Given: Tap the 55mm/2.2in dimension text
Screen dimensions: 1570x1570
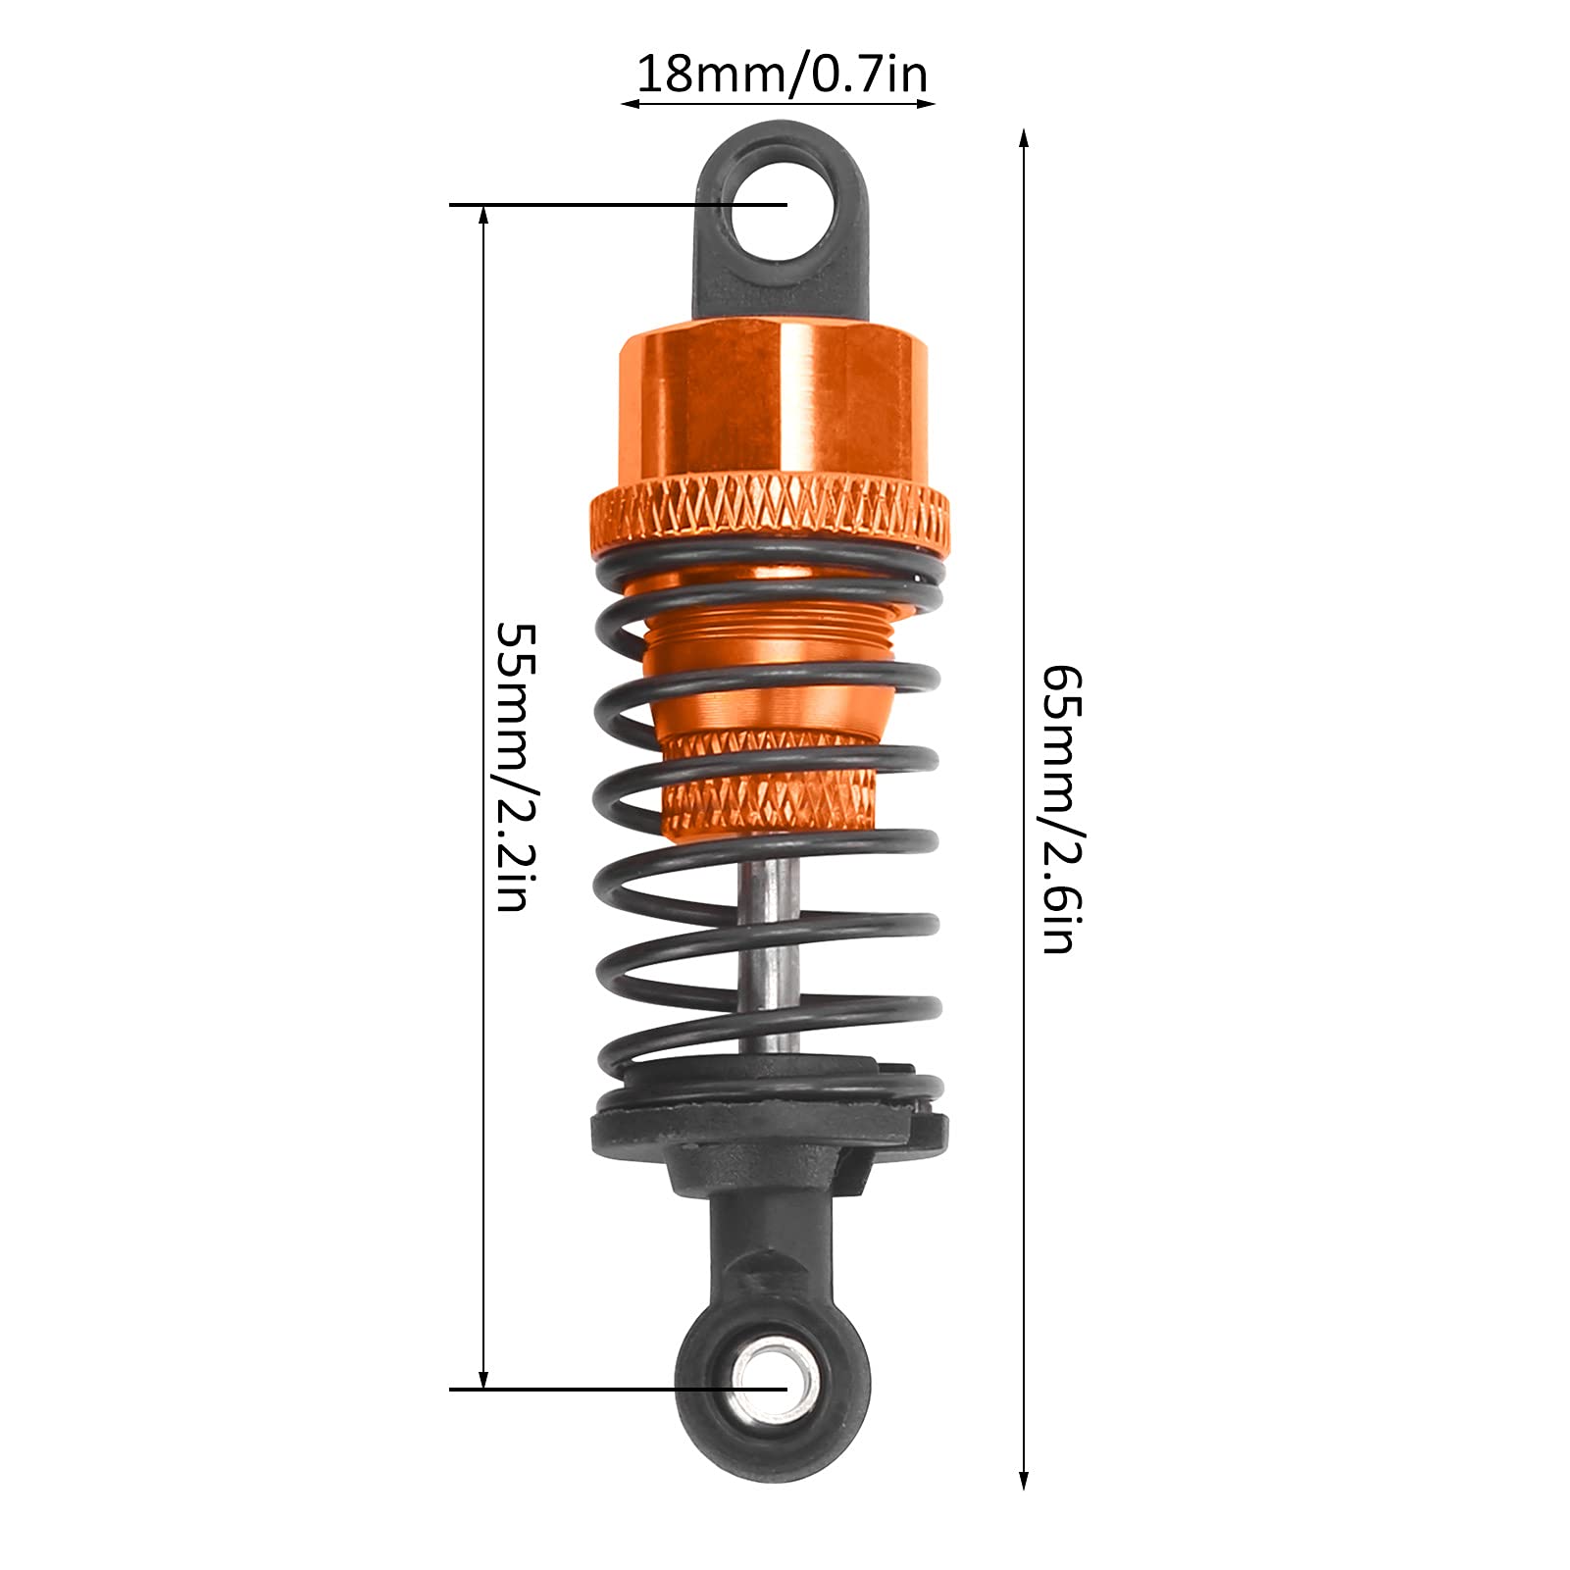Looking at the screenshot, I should pos(514,766).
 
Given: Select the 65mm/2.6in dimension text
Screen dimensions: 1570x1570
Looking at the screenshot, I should pos(1060,809).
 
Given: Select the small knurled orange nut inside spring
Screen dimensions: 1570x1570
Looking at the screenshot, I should pos(771,785).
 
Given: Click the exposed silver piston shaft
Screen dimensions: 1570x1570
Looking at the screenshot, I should pos(771,941).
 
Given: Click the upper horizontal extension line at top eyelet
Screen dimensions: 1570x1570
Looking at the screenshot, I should pos(588,204).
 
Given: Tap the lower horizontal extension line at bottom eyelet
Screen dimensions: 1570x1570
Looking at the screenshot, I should pos(588,1389).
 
